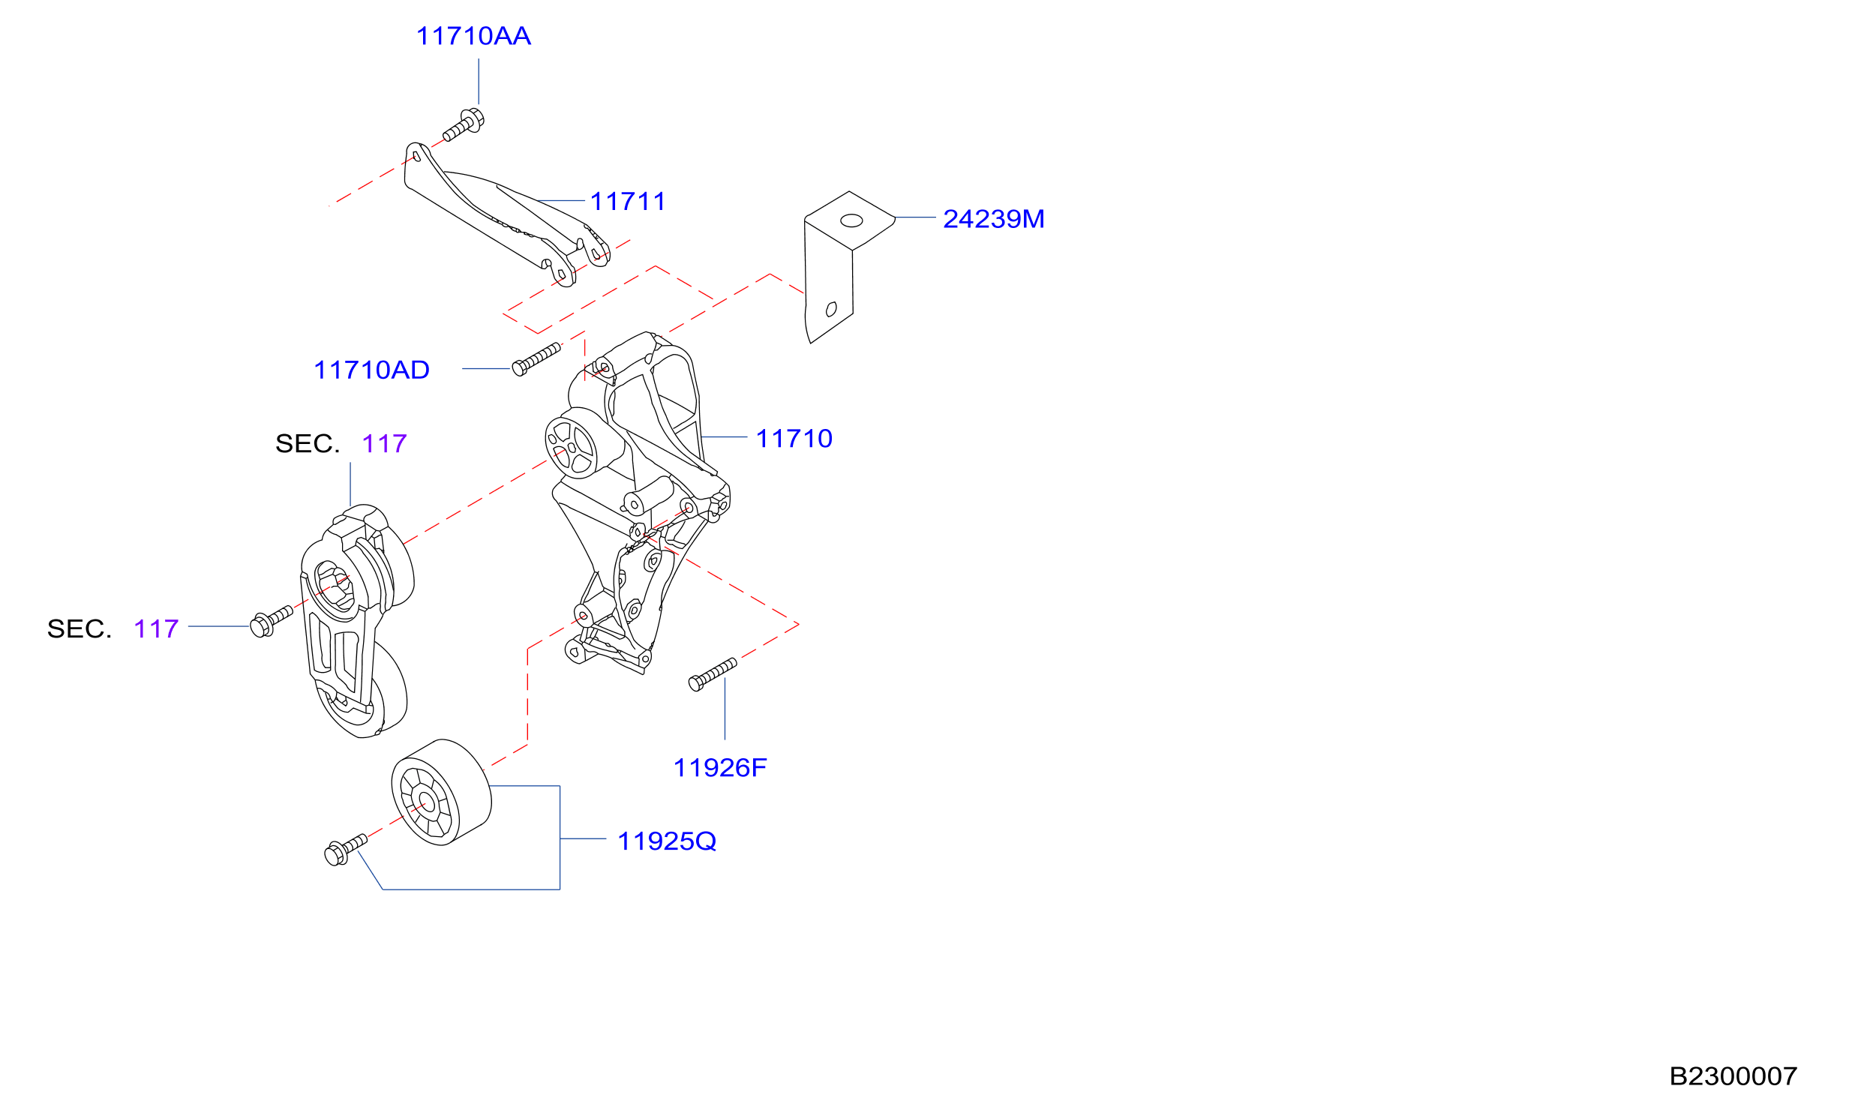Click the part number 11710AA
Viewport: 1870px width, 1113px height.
click(473, 36)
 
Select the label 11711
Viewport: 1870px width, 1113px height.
click(628, 202)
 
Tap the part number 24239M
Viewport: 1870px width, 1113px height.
click(993, 219)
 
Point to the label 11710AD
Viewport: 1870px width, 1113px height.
click(371, 370)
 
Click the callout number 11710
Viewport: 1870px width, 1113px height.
click(794, 439)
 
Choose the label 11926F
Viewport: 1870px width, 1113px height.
click(720, 768)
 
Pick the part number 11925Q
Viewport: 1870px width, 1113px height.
click(667, 841)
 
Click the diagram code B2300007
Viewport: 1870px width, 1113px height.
click(1733, 1076)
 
